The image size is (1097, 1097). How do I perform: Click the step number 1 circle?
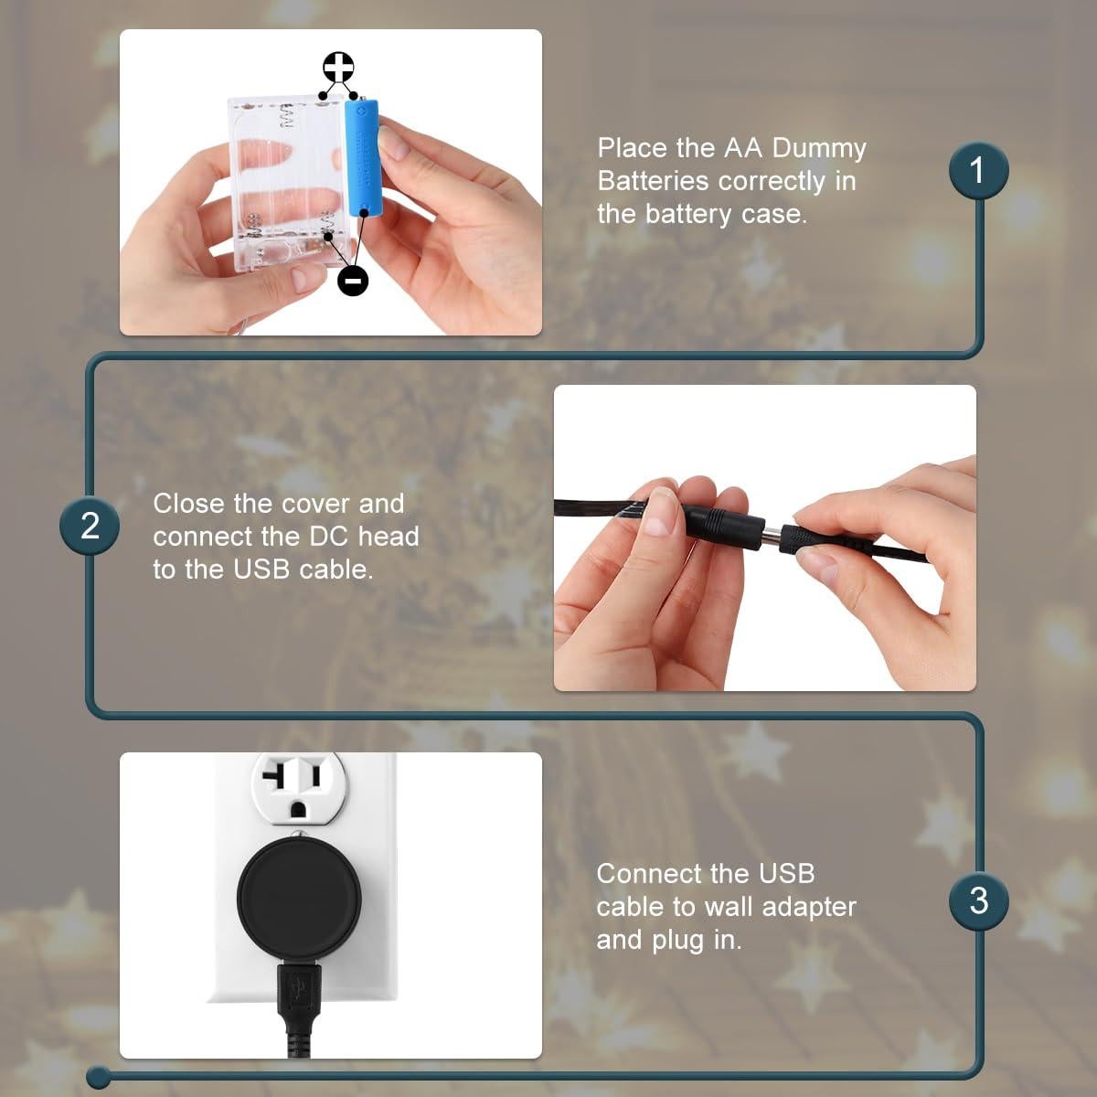978,170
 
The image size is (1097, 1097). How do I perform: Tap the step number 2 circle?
90,526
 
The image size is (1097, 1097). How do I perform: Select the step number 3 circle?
978,900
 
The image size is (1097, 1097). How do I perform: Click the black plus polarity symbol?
338,69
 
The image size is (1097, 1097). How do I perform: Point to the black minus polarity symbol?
353,280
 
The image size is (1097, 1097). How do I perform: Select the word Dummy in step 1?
818,148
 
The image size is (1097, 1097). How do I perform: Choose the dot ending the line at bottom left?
99,1078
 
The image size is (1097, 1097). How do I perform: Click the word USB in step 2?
261,569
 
